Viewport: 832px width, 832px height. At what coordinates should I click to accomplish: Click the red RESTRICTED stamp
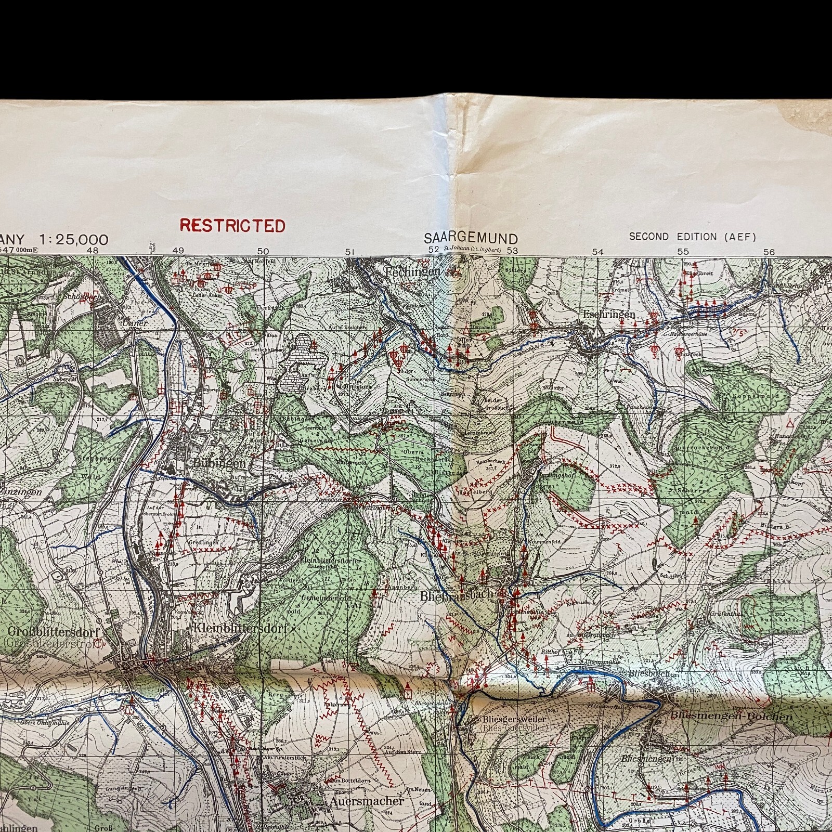click(x=232, y=226)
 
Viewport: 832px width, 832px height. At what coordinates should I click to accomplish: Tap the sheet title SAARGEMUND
click(x=471, y=238)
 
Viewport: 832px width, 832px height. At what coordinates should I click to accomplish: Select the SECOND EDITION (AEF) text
click(x=692, y=237)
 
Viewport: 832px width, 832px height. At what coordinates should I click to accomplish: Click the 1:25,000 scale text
click(x=74, y=240)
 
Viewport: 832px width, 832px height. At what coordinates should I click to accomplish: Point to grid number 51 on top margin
click(x=349, y=252)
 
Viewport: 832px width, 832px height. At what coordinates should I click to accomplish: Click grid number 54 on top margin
click(x=597, y=252)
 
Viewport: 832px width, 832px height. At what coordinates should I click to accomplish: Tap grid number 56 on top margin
click(x=769, y=252)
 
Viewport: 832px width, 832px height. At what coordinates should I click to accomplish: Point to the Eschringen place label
click(x=609, y=315)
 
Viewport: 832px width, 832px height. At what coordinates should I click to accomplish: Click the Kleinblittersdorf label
click(x=239, y=629)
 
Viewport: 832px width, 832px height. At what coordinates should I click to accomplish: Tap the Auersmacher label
click(x=366, y=801)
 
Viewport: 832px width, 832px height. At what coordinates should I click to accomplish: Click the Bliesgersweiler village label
click(x=514, y=719)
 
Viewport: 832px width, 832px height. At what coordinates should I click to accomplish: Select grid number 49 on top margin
click(x=178, y=251)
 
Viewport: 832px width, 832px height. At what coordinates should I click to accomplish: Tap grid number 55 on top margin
click(x=683, y=252)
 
